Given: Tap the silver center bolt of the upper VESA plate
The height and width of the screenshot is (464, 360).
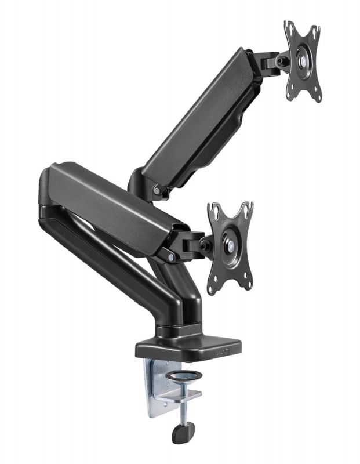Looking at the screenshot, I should tap(303, 60).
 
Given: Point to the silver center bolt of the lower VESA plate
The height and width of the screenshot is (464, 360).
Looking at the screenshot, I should tap(230, 245).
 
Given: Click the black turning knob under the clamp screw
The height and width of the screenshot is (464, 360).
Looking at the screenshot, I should tap(183, 433).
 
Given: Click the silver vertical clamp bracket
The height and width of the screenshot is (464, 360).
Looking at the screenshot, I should tap(155, 386).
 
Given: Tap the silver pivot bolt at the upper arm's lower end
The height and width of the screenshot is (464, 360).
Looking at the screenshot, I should tap(157, 191).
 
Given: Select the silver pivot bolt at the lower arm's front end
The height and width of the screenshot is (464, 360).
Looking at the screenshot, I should tap(171, 255).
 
